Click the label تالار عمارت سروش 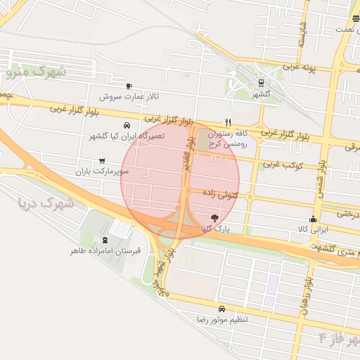coord(129,96)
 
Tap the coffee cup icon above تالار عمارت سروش coord(129,86)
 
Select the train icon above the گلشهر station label coord(262,83)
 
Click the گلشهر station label coord(262,93)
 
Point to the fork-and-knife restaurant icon coord(227,122)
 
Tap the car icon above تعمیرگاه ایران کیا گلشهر coord(126,125)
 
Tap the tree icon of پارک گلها coord(214,218)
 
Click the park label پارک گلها coord(214,229)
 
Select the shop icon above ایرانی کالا coord(313,219)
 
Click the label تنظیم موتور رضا coord(221,319)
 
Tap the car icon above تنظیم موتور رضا coord(222,309)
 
